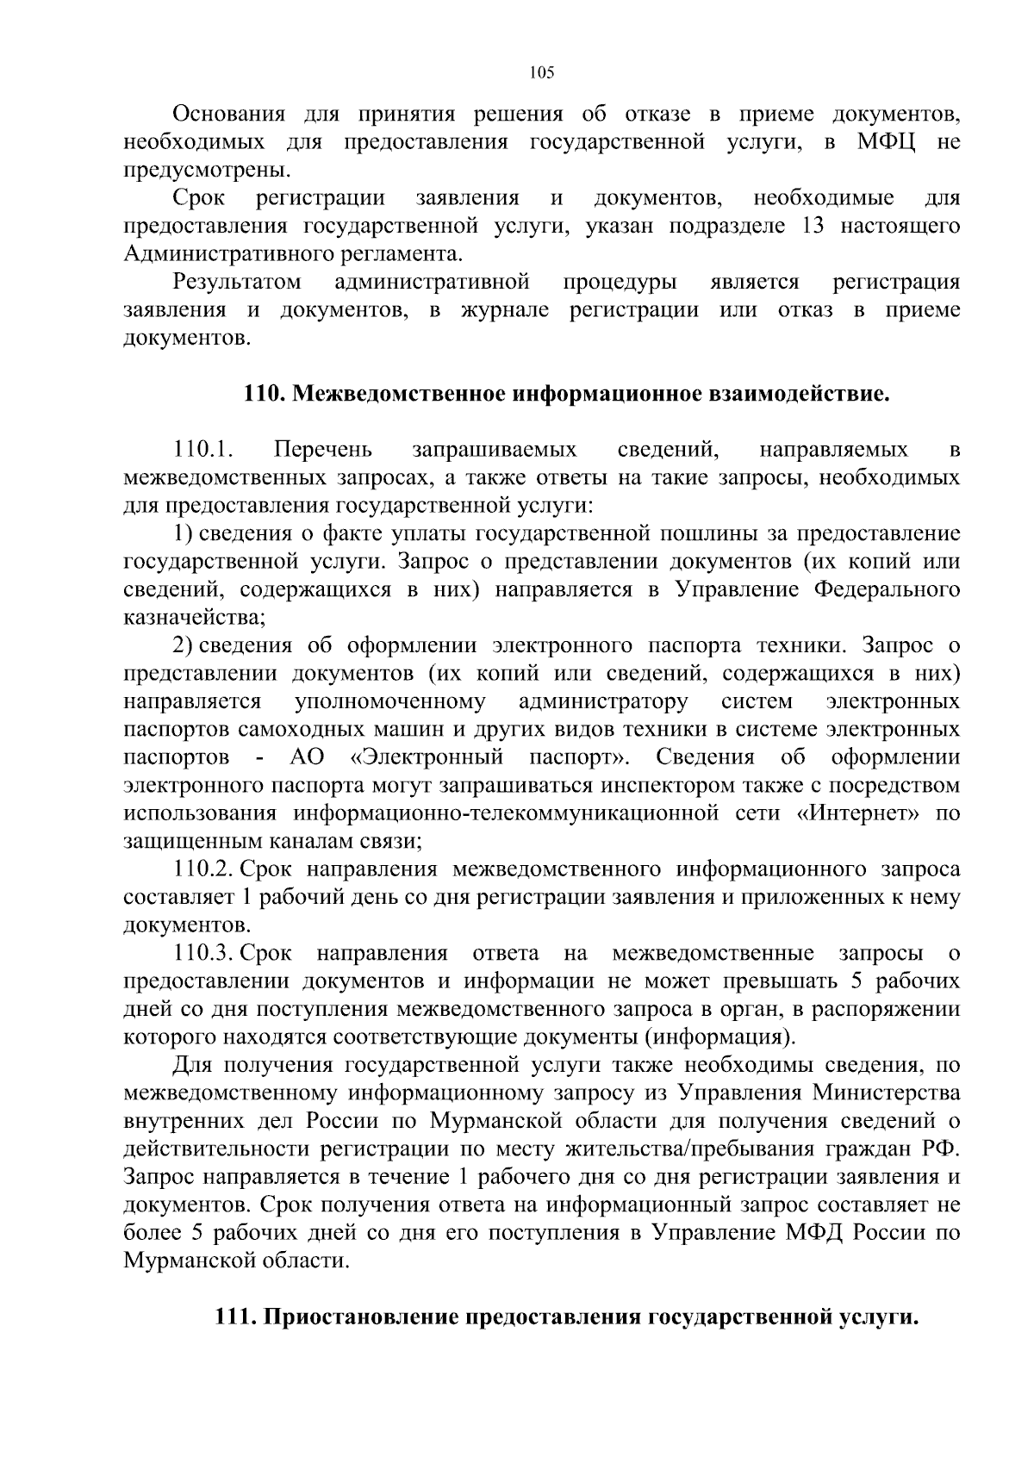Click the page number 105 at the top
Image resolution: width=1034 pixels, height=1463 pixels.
pyautogui.click(x=542, y=72)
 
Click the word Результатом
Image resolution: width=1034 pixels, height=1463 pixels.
pyautogui.click(x=237, y=282)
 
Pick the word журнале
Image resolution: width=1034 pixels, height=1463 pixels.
pyautogui.click(x=504, y=310)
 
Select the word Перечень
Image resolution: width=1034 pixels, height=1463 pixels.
pyautogui.click(x=323, y=450)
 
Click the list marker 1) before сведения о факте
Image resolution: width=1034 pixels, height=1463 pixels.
pyautogui.click(x=184, y=534)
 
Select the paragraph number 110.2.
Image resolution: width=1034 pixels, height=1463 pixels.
pyautogui.click(x=204, y=870)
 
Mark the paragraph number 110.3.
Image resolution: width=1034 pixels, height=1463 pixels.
pyautogui.click(x=204, y=954)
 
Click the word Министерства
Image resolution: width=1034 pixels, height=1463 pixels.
pyautogui.click(x=888, y=1093)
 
